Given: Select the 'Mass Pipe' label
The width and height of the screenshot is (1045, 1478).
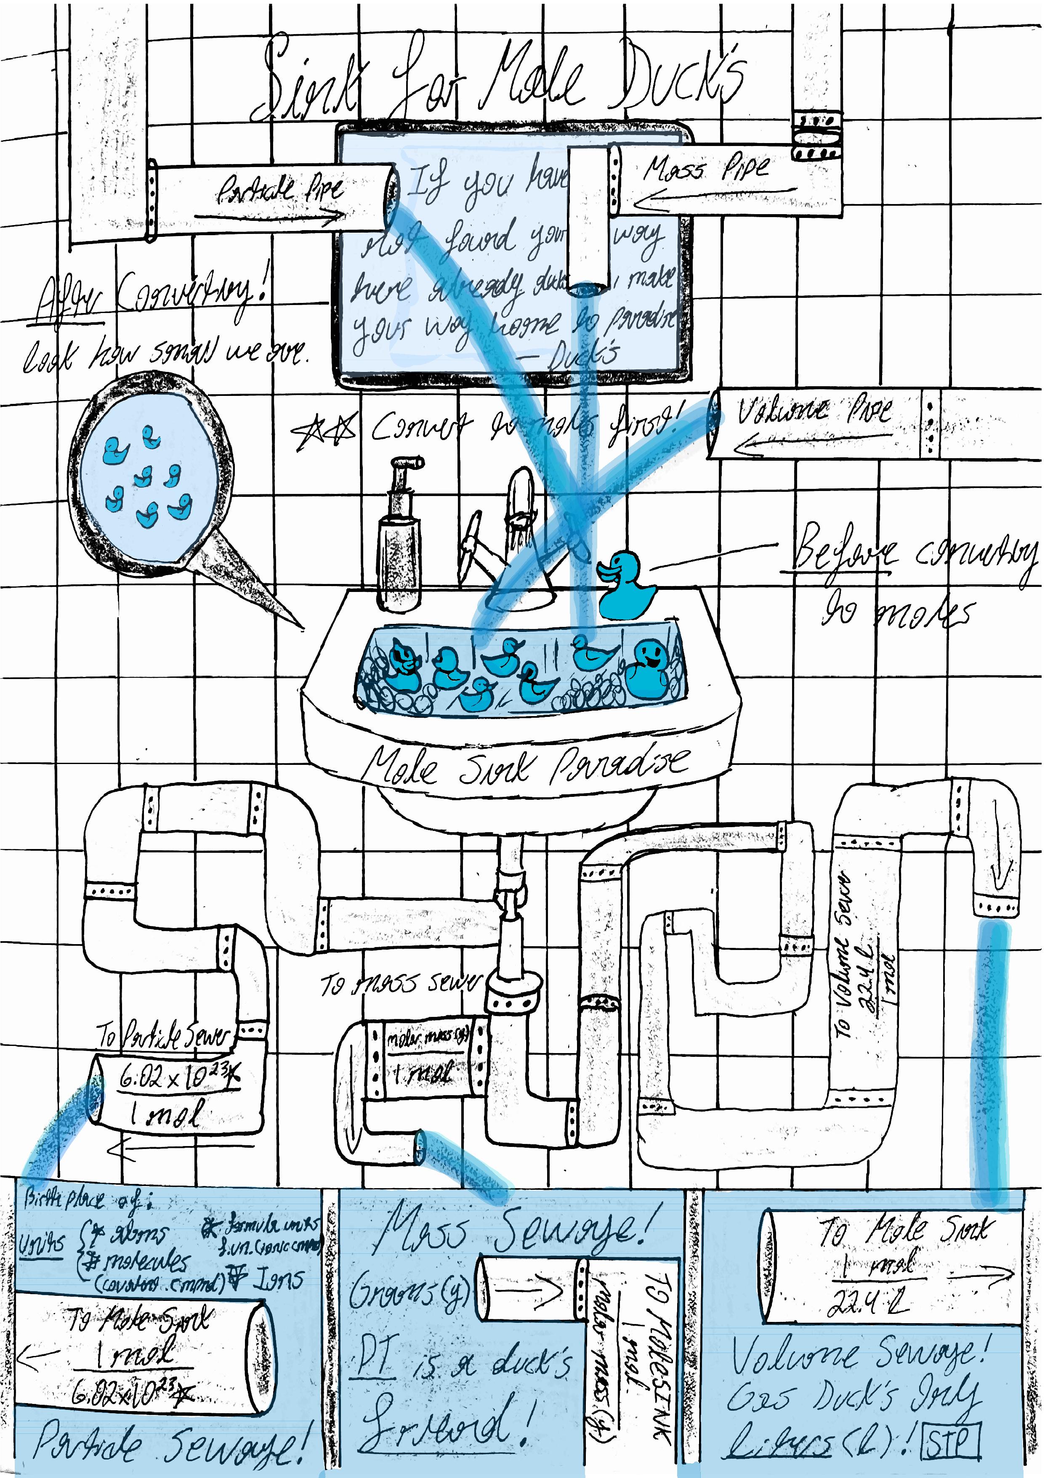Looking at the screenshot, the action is (x=706, y=169).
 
